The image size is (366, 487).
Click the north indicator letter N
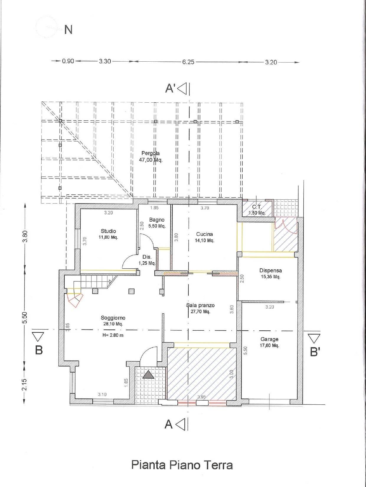tap(68, 29)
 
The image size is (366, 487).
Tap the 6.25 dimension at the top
tap(188, 62)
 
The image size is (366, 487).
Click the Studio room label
tap(108, 231)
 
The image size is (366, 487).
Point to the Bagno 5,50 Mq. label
tap(157, 223)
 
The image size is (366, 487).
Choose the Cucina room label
tap(205, 234)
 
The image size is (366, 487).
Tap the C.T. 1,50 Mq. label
tap(257, 210)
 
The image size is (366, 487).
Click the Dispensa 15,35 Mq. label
tap(270, 273)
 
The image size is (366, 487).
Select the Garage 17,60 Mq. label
tap(269, 342)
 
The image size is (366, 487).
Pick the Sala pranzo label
tap(200, 308)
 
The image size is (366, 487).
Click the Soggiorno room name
tap(113, 318)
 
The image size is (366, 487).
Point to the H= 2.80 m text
tap(113, 335)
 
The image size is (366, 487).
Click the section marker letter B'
tap(315, 352)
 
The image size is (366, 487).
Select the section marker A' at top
tap(170, 88)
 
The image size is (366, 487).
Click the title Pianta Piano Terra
tap(182, 465)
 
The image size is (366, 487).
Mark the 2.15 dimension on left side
tap(24, 384)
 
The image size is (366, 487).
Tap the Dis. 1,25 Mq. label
tap(147, 260)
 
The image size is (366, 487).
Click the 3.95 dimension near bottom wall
tap(202, 397)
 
